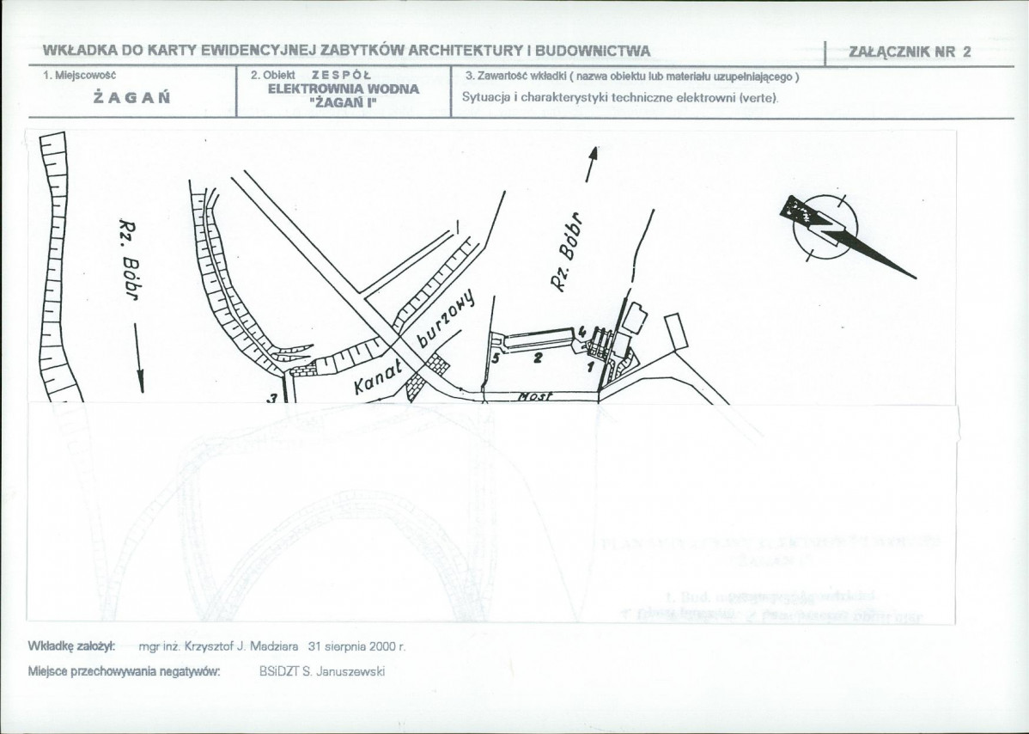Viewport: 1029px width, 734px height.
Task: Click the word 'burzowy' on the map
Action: click(446, 321)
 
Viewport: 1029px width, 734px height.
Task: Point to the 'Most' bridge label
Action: click(534, 397)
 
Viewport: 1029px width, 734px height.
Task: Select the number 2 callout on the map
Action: click(539, 358)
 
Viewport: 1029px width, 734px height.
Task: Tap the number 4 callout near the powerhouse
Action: click(582, 331)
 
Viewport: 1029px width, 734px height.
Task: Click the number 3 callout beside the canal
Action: click(272, 398)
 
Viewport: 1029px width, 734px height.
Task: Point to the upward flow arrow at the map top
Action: click(591, 164)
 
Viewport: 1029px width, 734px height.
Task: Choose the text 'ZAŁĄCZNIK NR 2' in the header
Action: click(910, 52)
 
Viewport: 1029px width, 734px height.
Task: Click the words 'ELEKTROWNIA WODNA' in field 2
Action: click(344, 89)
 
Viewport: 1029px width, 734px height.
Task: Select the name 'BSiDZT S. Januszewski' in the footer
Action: click(322, 671)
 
